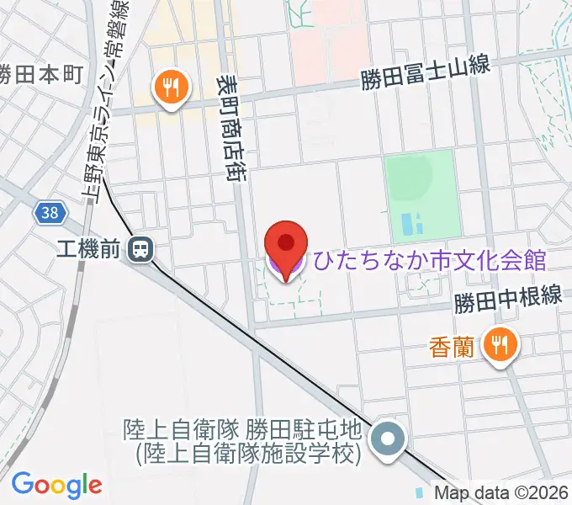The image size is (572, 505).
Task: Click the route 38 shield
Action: point(50,213)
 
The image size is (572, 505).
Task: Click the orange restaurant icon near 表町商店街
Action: point(171,88)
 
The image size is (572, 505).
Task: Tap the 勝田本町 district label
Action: point(40,73)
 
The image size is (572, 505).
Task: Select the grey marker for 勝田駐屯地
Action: point(388,440)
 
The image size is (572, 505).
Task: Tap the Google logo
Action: point(56,485)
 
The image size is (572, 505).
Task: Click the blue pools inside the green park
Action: point(412,224)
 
